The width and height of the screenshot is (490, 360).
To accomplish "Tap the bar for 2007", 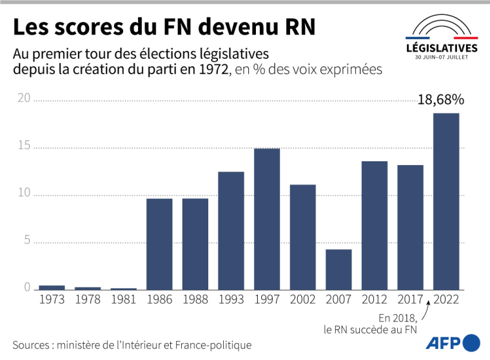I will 338,270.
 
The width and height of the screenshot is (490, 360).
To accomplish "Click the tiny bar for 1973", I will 52,288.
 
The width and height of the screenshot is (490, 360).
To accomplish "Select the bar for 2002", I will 303,237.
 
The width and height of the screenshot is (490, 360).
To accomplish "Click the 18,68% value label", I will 441,100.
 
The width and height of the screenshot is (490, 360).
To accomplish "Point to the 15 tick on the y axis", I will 23,146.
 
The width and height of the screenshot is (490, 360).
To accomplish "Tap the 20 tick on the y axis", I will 23,99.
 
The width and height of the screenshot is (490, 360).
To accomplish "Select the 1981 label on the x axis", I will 123,300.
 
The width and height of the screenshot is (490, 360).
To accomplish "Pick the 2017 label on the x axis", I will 410,300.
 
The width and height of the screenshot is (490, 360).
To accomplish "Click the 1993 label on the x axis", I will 231,300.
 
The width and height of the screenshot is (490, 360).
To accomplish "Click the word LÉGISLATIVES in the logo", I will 442,48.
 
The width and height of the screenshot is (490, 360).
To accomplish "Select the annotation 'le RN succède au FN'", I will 371,330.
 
